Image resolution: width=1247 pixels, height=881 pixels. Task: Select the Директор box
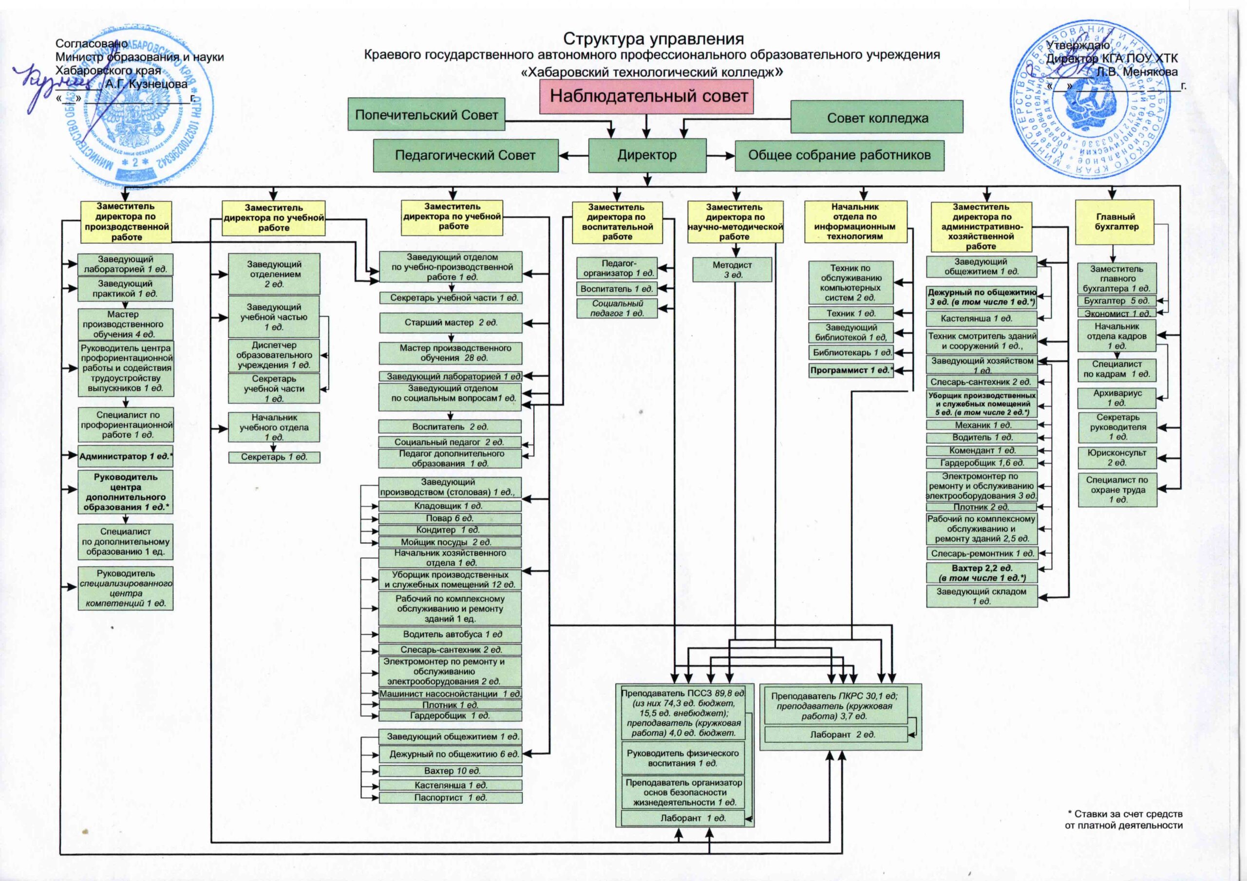647,155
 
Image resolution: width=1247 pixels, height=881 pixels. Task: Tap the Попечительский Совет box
426,114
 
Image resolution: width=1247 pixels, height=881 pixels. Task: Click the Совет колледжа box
877,117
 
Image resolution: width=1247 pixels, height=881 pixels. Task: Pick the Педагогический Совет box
466,155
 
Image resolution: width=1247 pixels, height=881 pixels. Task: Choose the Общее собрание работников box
839,155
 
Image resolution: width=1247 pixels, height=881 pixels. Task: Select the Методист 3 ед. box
732,270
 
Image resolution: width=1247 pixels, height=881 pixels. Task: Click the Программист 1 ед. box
851,370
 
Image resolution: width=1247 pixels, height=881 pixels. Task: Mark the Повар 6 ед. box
450,518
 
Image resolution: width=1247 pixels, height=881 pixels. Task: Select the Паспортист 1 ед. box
450,797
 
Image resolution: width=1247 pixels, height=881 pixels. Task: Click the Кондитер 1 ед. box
450,530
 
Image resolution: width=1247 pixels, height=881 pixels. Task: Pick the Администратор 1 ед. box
126,457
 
